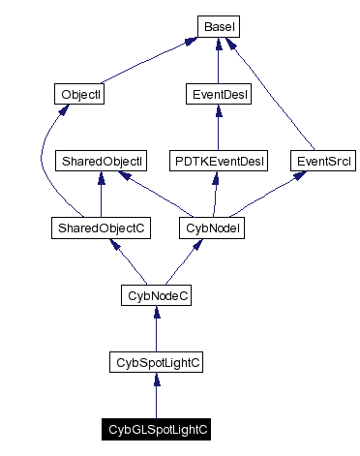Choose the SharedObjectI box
click(101, 161)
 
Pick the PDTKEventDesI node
click(219, 161)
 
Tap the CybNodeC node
click(157, 294)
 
